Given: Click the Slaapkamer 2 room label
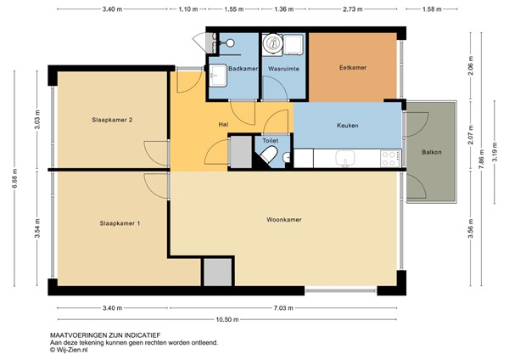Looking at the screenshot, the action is (x=112, y=120).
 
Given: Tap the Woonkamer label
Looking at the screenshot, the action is (x=284, y=220).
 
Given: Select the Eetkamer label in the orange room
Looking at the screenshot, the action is (x=353, y=68).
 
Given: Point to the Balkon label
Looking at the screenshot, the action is (x=432, y=152).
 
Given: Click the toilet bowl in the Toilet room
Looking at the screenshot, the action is (x=269, y=155).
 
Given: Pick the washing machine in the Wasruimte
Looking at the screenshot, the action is (x=272, y=43).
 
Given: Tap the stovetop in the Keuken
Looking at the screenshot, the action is (x=390, y=159).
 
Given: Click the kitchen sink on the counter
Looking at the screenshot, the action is (x=345, y=159).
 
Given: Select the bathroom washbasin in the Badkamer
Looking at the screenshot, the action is (x=217, y=76).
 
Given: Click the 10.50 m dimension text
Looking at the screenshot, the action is (x=227, y=320).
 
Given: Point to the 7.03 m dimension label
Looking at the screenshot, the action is (x=283, y=308).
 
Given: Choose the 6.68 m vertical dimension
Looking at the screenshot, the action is (x=15, y=181).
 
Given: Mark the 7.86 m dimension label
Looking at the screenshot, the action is (x=482, y=159).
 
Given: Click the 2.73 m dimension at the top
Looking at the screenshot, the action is (x=353, y=9).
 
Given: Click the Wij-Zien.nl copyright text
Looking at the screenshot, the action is (x=69, y=350).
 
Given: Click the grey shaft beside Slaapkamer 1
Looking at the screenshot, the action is (x=218, y=272).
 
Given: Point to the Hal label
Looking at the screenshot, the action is (x=223, y=125).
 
